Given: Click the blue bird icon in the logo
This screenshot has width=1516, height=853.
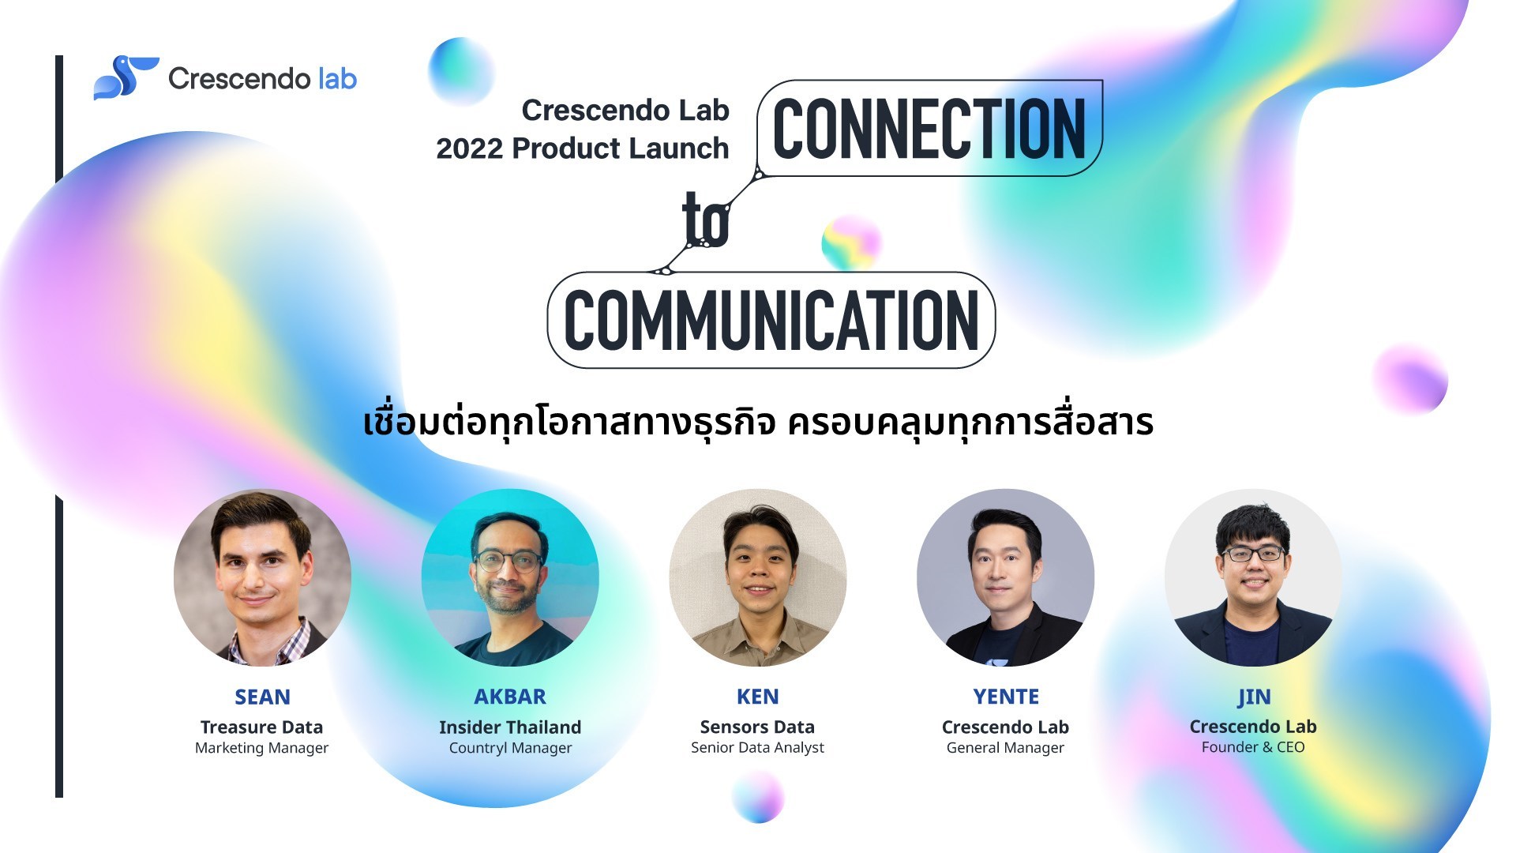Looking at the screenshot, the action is [126, 77].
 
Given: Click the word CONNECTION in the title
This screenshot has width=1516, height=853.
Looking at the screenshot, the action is [929, 129].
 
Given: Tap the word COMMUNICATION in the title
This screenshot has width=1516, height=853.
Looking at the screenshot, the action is [771, 320].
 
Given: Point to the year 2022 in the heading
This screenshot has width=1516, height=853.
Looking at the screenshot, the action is [469, 148].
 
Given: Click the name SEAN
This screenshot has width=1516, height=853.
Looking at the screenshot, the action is [262, 697].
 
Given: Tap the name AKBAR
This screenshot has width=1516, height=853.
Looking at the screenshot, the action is [510, 697].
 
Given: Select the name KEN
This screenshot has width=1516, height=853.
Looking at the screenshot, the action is [758, 697].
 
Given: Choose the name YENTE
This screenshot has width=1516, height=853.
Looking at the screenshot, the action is [1006, 697].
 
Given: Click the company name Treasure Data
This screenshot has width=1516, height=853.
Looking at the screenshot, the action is [261, 727].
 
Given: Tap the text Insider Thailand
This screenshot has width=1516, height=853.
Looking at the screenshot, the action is [510, 727].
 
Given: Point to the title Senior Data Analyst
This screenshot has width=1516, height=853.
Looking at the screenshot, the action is [757, 748].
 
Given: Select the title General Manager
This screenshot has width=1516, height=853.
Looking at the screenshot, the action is [1005, 748].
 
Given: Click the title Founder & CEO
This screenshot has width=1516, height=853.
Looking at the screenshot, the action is [1253, 747].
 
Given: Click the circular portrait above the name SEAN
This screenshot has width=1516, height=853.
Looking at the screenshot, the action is [262, 578].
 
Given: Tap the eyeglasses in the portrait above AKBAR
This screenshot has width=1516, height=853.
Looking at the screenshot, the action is [510, 562].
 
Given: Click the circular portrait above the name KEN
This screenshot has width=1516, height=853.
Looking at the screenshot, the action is [758, 578].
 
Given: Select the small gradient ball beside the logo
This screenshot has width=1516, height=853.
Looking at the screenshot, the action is [461, 71].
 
